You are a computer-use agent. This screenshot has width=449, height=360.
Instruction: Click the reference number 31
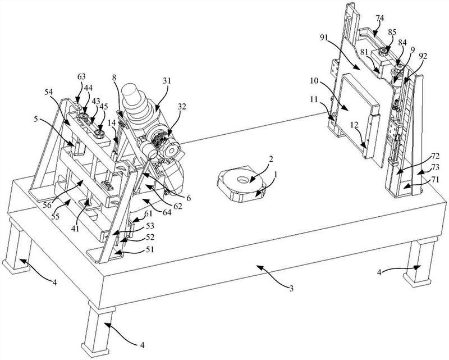166,81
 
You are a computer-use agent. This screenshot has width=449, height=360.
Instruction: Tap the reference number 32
181,107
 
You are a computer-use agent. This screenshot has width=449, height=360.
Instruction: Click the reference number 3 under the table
291,289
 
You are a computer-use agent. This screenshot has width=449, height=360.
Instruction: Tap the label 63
81,76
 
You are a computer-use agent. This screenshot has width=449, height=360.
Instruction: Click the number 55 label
55,217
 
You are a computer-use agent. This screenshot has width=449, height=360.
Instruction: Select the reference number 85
392,32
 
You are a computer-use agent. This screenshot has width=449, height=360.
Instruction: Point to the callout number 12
354,125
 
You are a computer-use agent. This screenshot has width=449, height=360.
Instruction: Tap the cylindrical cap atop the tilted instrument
131,92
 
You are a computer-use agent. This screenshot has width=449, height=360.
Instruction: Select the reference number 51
150,249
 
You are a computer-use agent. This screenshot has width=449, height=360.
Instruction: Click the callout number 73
434,167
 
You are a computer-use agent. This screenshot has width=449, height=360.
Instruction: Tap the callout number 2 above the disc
271,158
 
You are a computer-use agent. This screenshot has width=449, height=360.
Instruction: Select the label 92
423,56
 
